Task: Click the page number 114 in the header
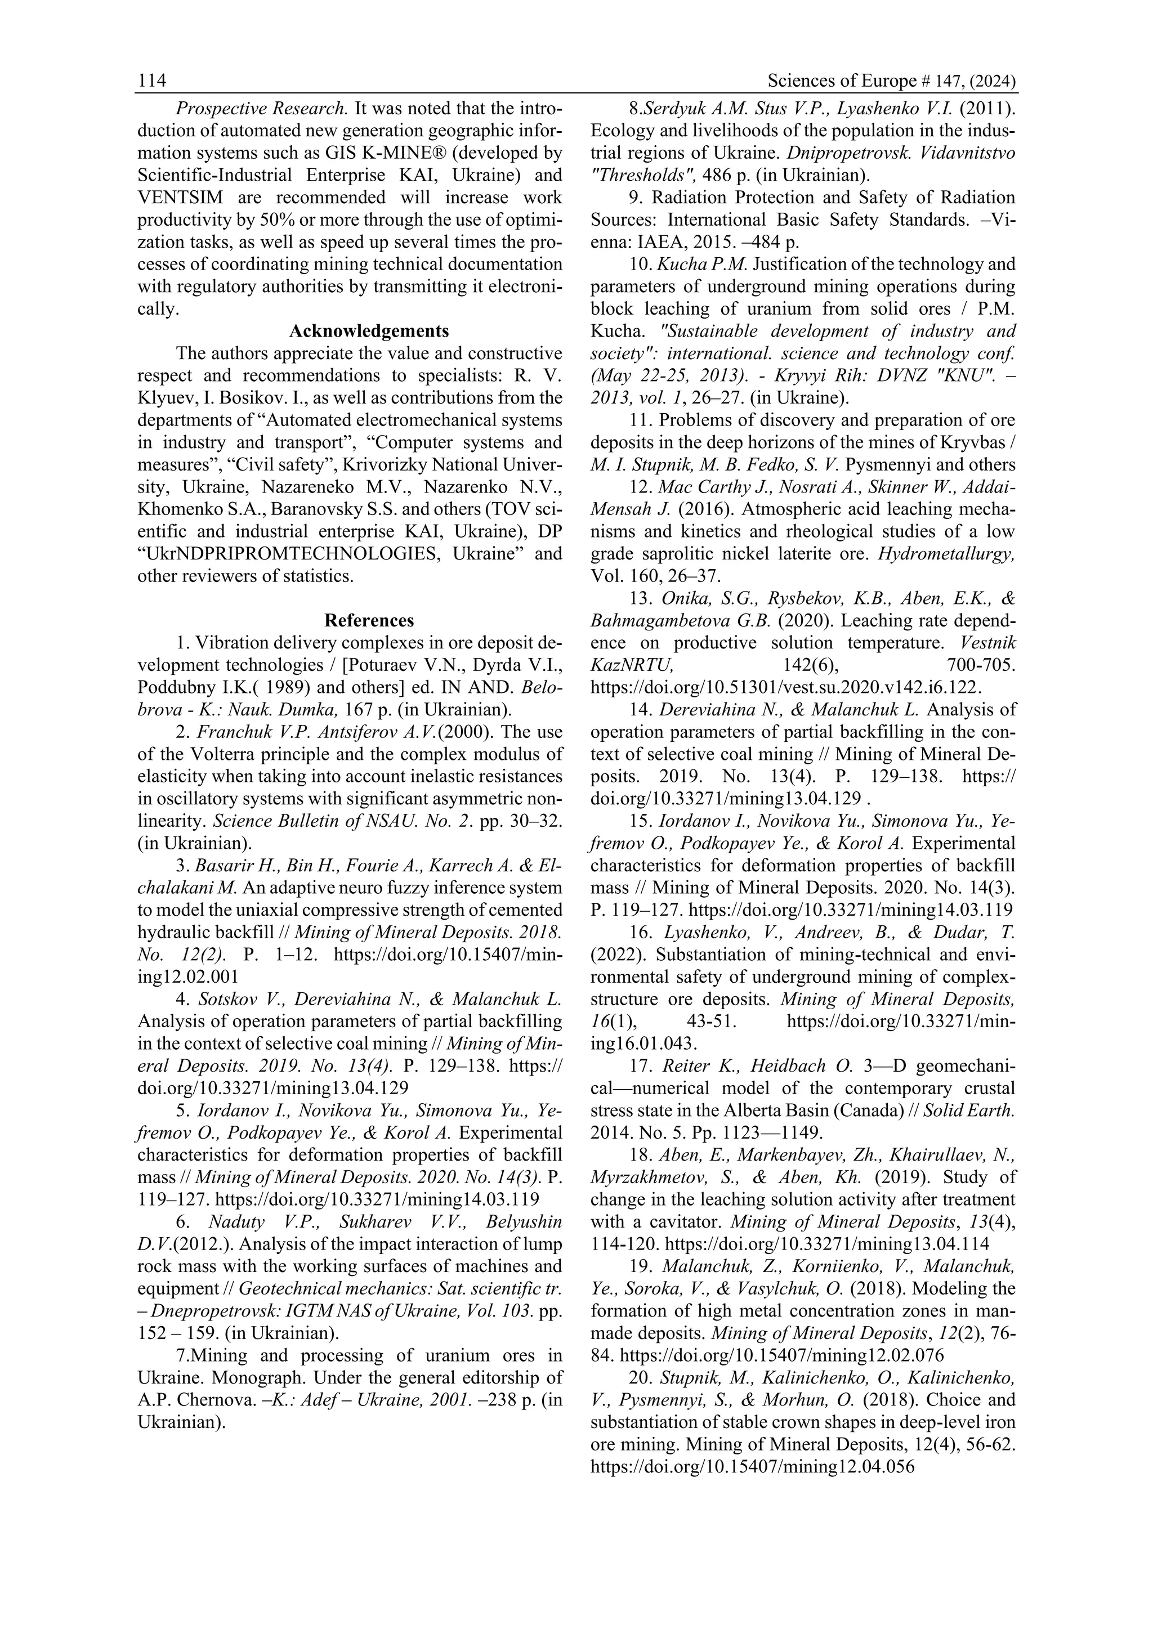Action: coord(152,82)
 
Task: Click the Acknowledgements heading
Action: coord(369,331)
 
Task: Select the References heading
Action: coord(369,620)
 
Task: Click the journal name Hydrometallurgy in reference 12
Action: coord(946,554)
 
